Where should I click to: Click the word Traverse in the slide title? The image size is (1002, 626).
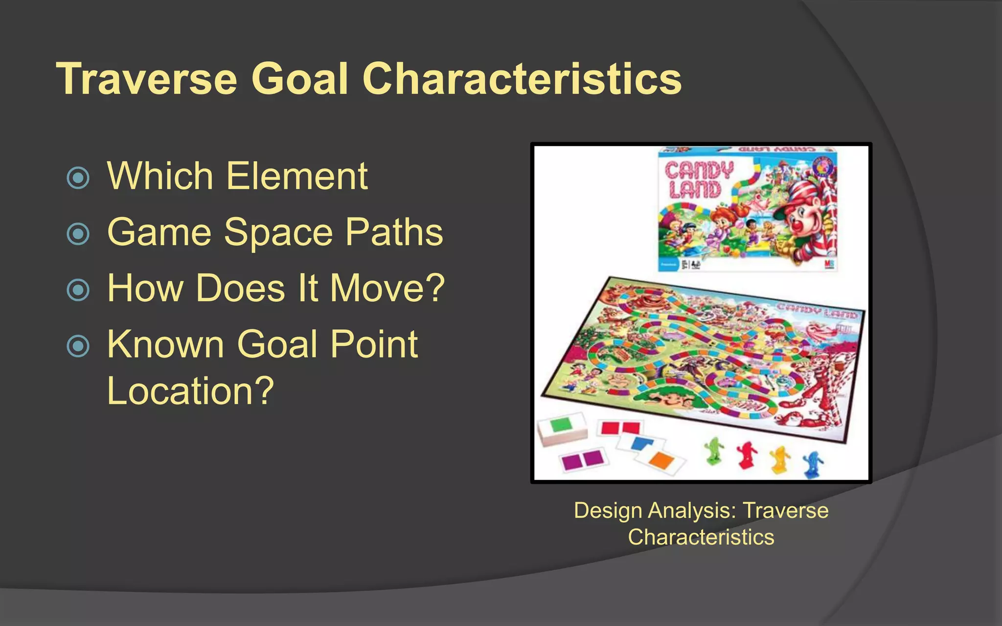point(147,79)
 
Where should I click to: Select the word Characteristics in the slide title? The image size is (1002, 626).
point(522,79)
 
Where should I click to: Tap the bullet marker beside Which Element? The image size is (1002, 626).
point(78,178)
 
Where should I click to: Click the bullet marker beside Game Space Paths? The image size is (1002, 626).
point(78,234)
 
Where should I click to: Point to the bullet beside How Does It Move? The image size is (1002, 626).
point(78,290)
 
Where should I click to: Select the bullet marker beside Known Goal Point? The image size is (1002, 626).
point(78,346)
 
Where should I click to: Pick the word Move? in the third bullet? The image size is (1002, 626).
point(387,289)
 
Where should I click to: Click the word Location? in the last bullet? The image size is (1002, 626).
point(190,391)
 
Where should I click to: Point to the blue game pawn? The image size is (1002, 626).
point(812,464)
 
